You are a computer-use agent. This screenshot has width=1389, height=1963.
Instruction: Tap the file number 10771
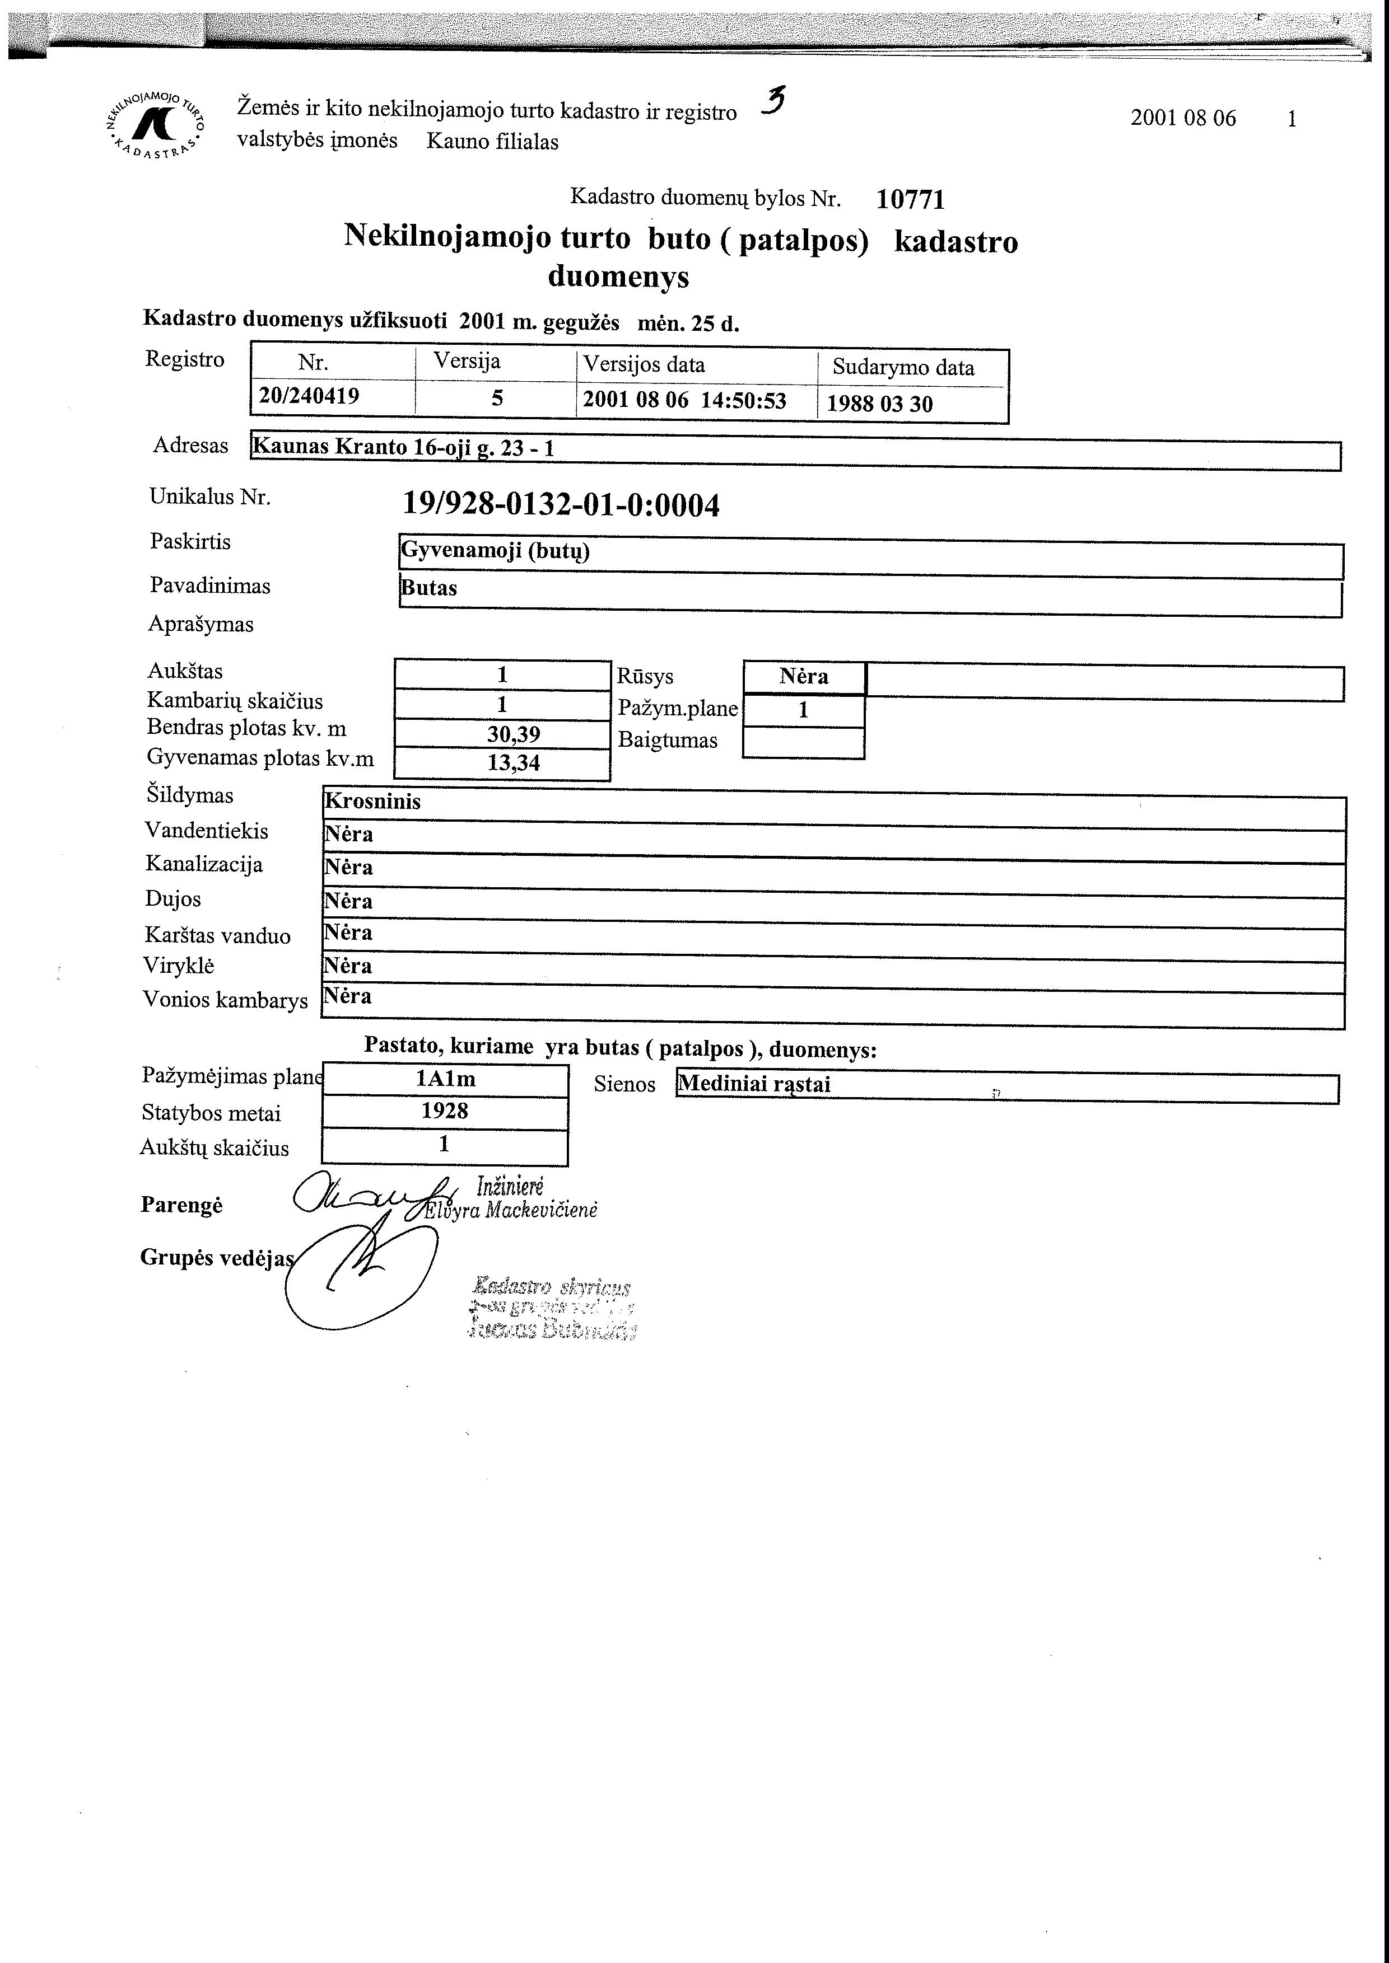coord(910,199)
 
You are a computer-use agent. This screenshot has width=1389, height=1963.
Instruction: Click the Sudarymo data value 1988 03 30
coord(879,404)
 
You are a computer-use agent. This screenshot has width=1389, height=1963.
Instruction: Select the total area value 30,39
coord(513,734)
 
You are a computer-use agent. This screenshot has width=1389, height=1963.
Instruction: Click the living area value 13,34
coord(513,762)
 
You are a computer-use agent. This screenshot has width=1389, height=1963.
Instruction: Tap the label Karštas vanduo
coord(217,935)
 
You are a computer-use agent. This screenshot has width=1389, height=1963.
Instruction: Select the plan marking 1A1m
coord(445,1079)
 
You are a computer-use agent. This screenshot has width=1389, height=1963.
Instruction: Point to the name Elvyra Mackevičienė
coord(511,1210)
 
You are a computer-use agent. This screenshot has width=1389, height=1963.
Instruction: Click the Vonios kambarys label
coord(225,1000)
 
